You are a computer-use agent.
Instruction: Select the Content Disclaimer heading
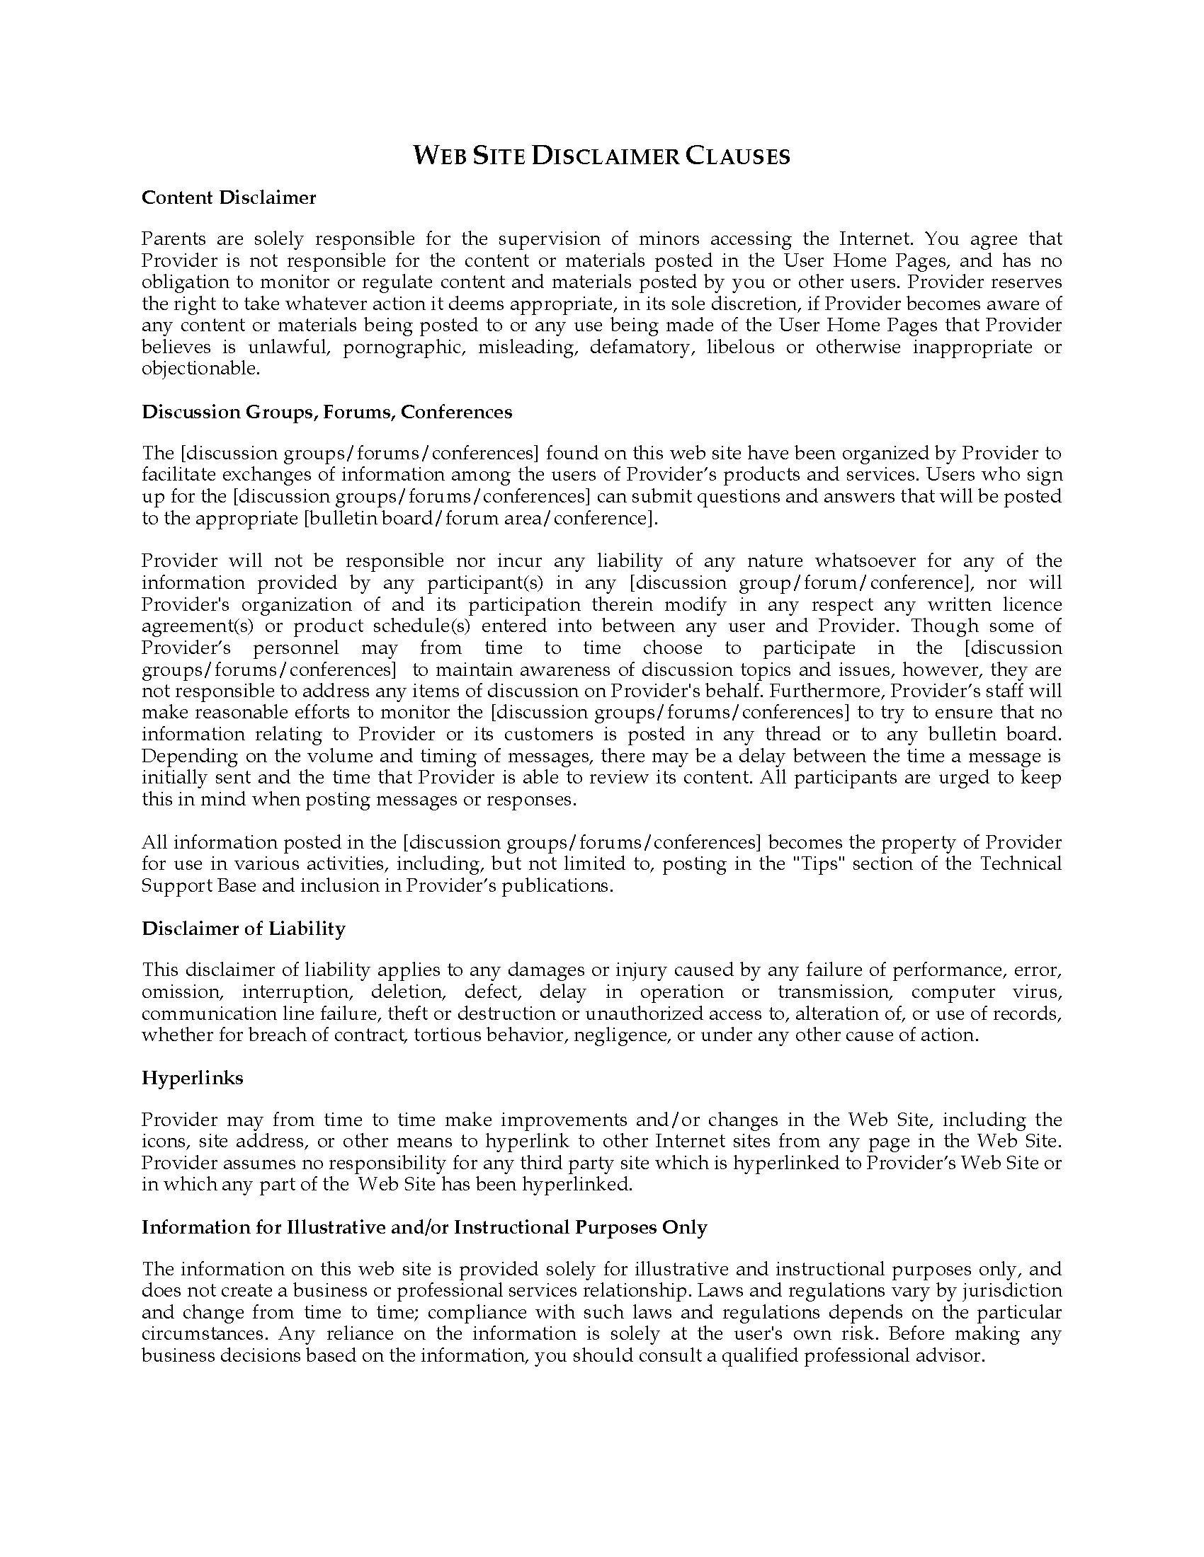pyautogui.click(x=228, y=197)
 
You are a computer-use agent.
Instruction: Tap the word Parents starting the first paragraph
pyautogui.click(x=174, y=239)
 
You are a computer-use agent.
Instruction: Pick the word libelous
pyautogui.click(x=739, y=347)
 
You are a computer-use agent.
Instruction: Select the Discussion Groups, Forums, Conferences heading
pyautogui.click(x=326, y=412)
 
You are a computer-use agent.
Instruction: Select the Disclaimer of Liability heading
pyautogui.click(x=243, y=929)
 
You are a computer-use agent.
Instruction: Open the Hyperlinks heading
pyautogui.click(x=192, y=1078)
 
